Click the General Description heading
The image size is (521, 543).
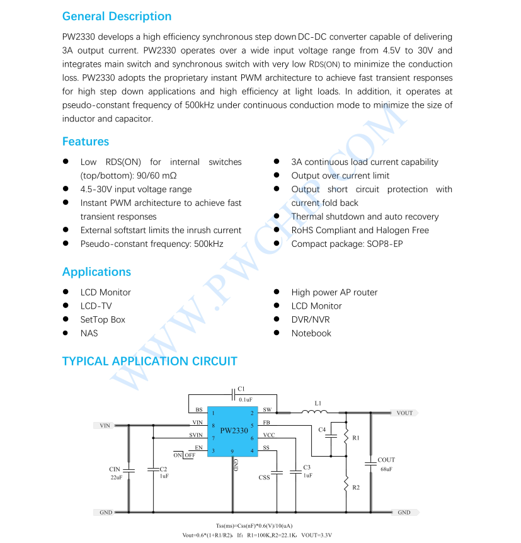tap(117, 16)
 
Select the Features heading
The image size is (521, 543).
tap(86, 142)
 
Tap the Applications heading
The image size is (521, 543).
tap(96, 272)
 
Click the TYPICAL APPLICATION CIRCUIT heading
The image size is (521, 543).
tap(149, 362)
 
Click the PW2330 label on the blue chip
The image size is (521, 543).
tap(234, 431)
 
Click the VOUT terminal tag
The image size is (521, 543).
tap(404, 413)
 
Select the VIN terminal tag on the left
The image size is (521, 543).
tap(105, 425)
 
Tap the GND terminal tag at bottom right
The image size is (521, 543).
tap(404, 513)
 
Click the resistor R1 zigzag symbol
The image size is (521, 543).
tap(346, 436)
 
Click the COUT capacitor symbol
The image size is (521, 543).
tap(370, 464)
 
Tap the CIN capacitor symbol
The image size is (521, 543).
tap(129, 470)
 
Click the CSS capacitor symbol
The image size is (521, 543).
tap(277, 471)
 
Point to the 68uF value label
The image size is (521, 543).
tap(386, 469)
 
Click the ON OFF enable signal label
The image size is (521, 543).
tap(185, 455)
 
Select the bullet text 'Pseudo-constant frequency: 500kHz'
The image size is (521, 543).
tap(151, 244)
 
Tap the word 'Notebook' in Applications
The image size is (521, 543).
tap(311, 333)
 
